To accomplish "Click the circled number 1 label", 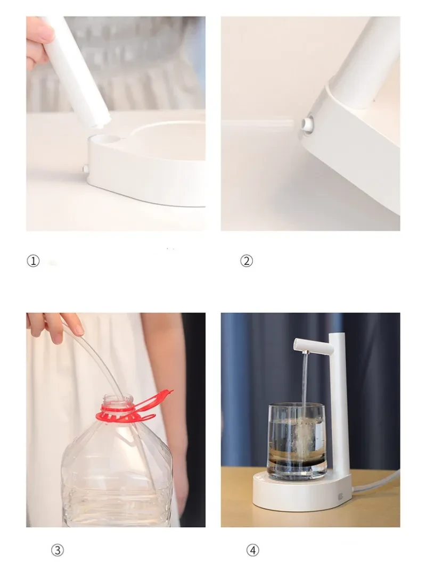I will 33,261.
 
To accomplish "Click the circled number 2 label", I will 246,261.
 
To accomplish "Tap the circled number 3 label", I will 57,550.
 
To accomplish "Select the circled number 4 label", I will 252,550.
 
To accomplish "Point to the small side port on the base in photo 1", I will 85,169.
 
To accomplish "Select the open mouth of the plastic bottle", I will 118,397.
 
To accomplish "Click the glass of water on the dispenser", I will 296,442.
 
